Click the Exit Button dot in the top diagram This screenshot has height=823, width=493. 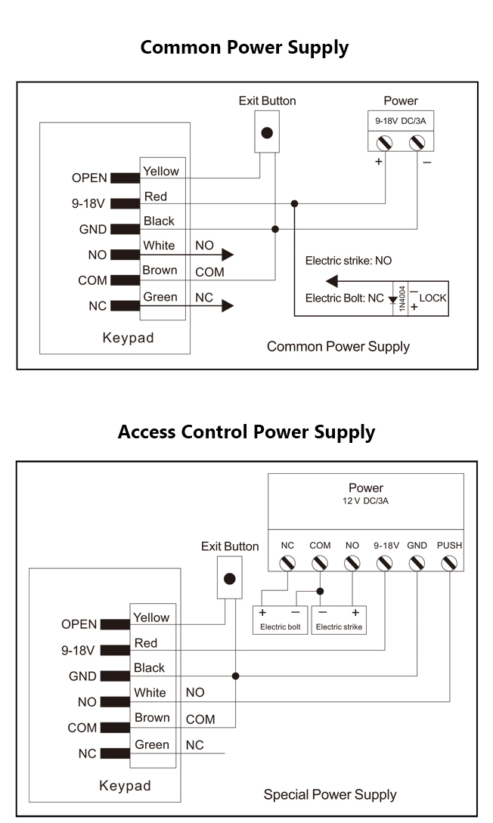(267, 133)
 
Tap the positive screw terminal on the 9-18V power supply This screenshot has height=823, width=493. (384, 143)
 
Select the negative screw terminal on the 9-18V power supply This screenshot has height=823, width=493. (417, 143)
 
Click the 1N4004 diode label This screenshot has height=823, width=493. (402, 298)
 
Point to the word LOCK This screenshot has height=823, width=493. (433, 298)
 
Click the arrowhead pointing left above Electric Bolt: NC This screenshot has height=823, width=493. (332, 281)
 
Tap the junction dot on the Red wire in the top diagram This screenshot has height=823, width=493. (295, 203)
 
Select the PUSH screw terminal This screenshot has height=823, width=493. (449, 563)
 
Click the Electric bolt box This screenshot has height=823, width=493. (281, 620)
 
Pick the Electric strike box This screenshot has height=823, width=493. (340, 620)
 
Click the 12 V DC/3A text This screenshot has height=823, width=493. (365, 501)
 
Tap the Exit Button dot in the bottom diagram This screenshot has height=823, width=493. (229, 579)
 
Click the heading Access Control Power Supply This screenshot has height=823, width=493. (246, 432)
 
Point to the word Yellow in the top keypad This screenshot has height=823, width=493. (161, 171)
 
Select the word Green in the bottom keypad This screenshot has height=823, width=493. (152, 744)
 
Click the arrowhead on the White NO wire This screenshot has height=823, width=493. (228, 255)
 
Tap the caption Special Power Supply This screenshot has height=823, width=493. (330, 794)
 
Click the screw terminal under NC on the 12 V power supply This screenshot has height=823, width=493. (287, 563)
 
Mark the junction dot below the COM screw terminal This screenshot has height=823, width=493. (320, 591)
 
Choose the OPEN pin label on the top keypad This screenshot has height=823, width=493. (89, 178)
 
